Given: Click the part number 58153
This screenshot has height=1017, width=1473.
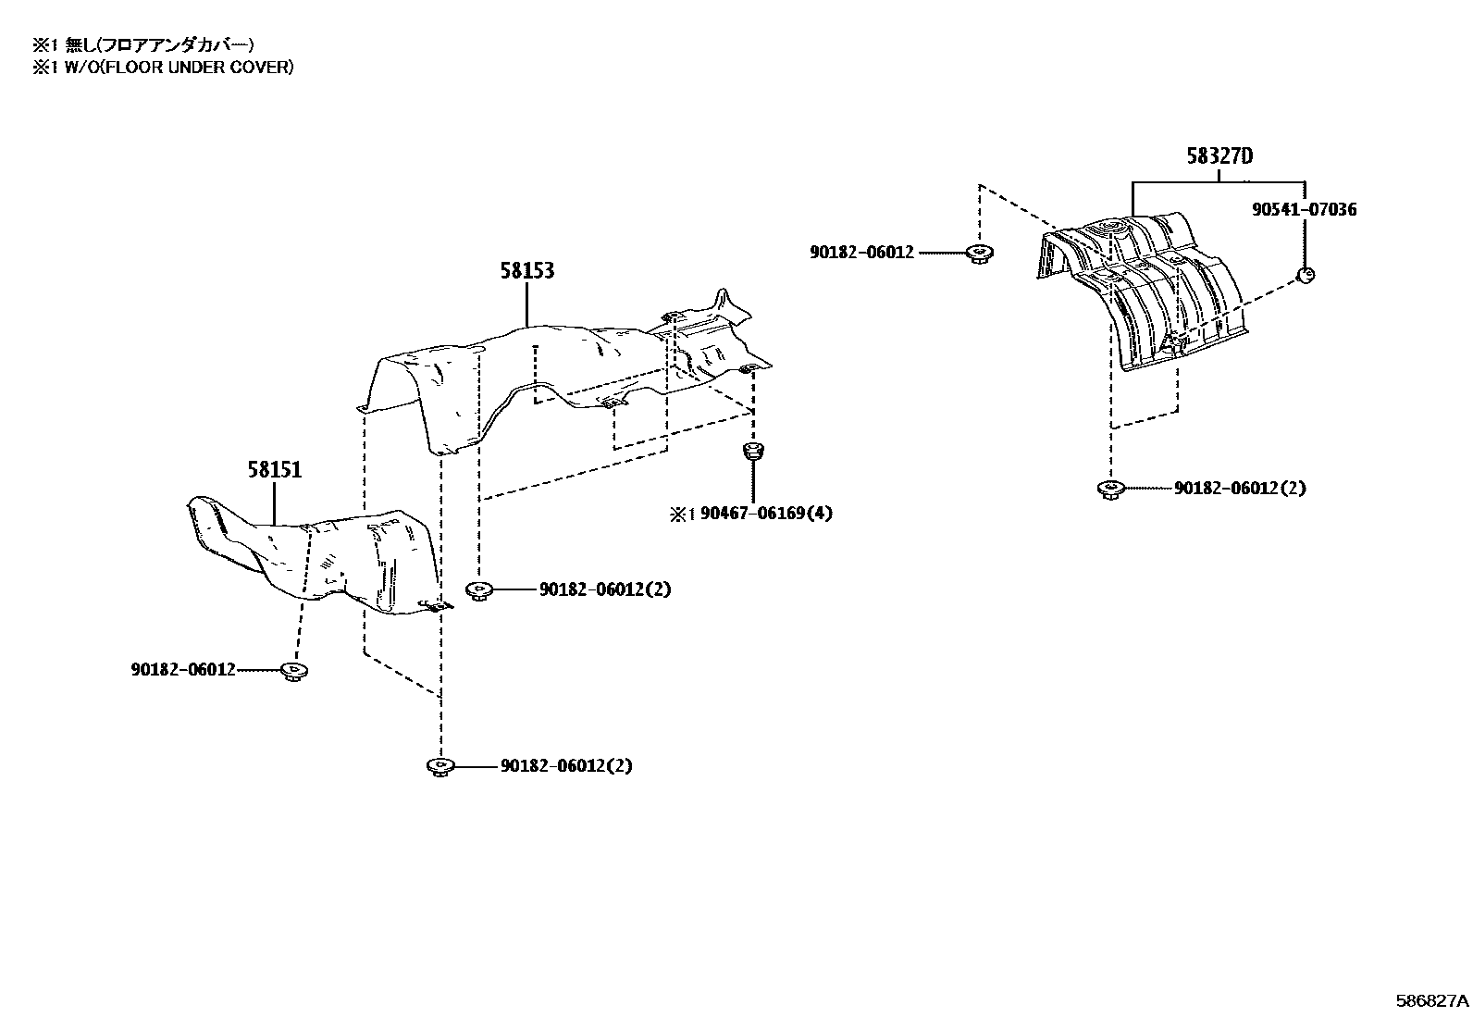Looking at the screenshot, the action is tap(526, 270).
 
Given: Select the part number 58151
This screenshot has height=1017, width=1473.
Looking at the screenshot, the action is tap(274, 470).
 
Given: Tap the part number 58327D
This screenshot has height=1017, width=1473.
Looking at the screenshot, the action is tap(1219, 155).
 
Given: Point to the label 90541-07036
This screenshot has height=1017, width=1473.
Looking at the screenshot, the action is tap(1304, 209).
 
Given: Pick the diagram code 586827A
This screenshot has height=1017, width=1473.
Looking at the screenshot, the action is tap(1432, 1000).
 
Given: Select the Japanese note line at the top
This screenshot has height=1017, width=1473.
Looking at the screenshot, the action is tap(143, 44).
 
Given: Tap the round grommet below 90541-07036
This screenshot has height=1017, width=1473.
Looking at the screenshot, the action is tap(1306, 275).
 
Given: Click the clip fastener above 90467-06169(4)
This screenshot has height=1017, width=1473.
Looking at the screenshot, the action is tap(753, 452).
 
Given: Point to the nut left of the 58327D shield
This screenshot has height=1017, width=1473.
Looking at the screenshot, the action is tap(979, 254).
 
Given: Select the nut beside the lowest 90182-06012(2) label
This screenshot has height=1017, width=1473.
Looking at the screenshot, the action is tap(440, 767).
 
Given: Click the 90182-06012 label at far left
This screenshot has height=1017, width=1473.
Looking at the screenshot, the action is tap(183, 670).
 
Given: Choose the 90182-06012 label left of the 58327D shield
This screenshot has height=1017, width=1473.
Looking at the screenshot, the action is tap(861, 253).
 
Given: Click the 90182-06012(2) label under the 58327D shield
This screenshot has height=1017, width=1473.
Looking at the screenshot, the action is tap(1240, 488).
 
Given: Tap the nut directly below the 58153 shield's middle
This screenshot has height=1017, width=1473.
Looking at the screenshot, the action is tap(479, 590).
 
